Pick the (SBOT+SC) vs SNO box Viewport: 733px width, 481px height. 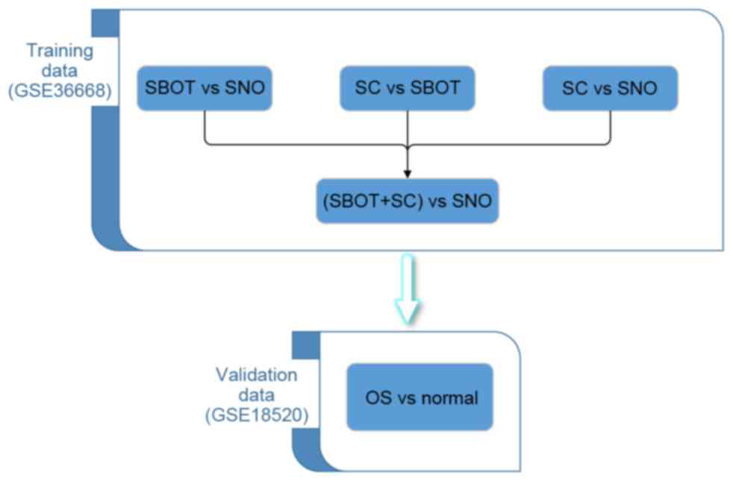click(x=407, y=201)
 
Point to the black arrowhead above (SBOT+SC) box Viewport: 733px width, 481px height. click(x=407, y=172)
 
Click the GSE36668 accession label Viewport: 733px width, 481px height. click(x=60, y=92)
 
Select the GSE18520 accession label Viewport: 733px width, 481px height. click(x=257, y=416)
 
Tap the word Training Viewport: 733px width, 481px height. click(x=60, y=51)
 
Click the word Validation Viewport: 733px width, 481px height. click(x=257, y=374)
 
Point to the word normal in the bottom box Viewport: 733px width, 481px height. click(x=448, y=397)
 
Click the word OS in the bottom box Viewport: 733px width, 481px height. click(x=379, y=397)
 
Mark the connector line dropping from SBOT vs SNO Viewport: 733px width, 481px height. click(x=204, y=127)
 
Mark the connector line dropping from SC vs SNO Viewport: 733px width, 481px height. click(x=610, y=127)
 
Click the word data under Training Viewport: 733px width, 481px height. click(x=60, y=72)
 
